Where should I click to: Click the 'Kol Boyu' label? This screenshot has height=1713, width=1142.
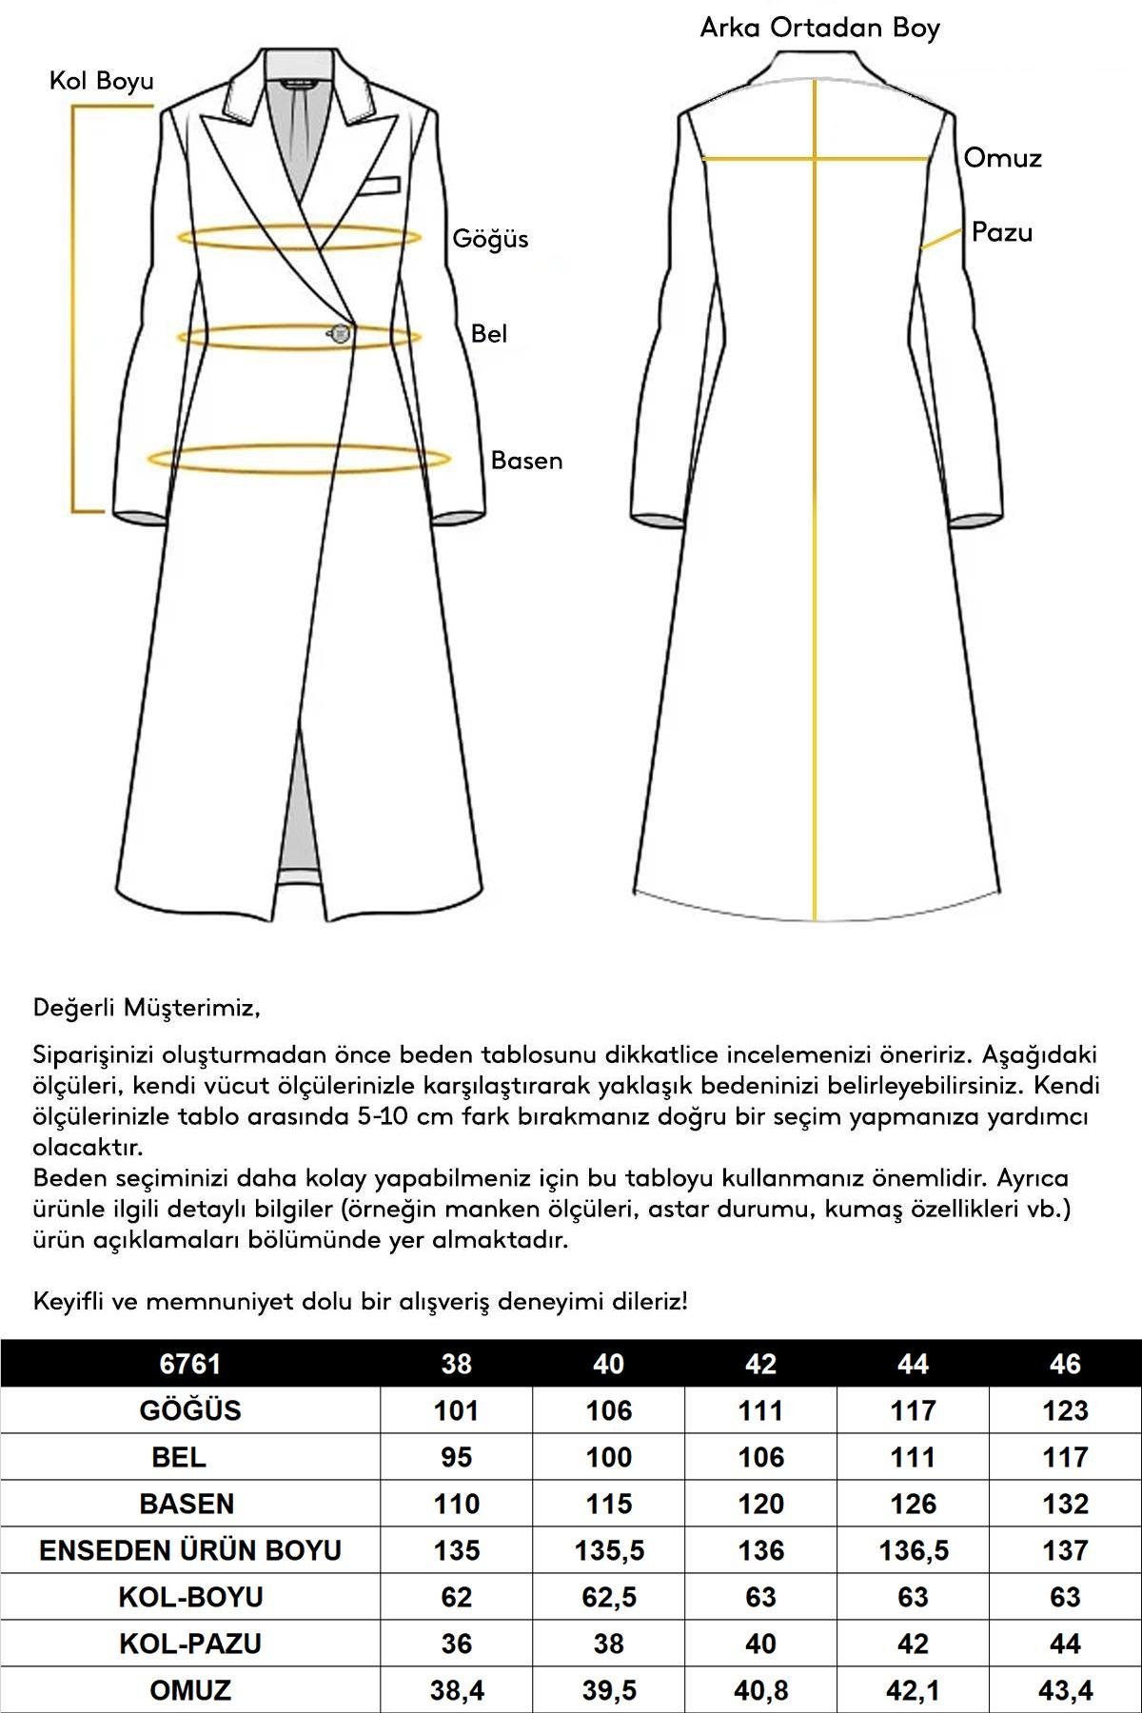(x=102, y=82)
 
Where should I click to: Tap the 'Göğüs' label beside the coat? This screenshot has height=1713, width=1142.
(x=490, y=239)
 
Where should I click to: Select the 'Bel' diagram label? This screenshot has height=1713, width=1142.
(x=489, y=334)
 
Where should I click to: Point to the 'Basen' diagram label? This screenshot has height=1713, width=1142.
(x=526, y=461)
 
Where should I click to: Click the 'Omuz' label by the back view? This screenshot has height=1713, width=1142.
(x=1002, y=158)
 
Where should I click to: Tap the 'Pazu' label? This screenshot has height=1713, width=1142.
(x=1001, y=232)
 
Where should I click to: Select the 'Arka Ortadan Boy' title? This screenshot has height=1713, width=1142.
(x=819, y=28)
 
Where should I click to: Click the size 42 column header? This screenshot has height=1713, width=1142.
(x=760, y=1364)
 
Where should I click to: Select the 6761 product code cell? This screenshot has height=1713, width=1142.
(x=190, y=1364)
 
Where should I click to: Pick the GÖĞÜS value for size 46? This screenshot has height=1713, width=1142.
(x=1065, y=1410)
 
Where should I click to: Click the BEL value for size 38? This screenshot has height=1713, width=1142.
(x=457, y=1457)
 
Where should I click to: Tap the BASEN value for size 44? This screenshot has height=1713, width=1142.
(x=913, y=1504)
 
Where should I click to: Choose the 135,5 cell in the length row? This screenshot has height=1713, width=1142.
(x=609, y=1550)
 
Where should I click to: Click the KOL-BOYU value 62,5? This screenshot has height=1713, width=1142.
(x=609, y=1597)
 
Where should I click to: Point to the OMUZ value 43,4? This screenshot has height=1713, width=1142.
(x=1065, y=1690)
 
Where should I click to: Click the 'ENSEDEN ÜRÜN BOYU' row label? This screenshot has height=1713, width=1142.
(x=190, y=1550)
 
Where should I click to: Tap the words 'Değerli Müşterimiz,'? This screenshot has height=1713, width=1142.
(x=147, y=1007)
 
